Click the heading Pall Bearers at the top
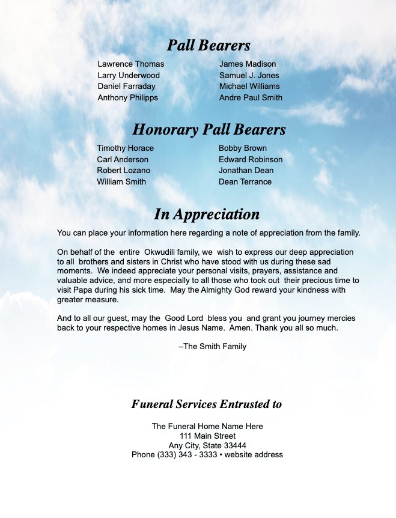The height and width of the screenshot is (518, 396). [x=208, y=46]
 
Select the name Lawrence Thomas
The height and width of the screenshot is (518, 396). [x=130, y=64]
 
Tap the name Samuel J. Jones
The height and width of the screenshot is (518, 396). [x=249, y=75]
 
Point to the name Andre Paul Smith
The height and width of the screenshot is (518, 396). [x=251, y=97]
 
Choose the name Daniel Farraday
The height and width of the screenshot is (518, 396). [x=126, y=86]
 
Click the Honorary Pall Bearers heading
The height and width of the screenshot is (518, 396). [x=209, y=129]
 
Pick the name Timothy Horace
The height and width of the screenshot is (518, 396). [x=125, y=148]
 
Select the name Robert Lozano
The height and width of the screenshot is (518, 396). [x=123, y=170]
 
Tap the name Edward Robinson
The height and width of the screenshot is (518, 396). [x=250, y=159]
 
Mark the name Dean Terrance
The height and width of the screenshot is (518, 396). [x=245, y=181]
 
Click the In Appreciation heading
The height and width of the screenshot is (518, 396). [x=207, y=214]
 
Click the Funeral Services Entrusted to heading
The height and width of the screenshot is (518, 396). [x=207, y=404]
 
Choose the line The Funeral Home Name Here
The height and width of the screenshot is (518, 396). [x=207, y=426]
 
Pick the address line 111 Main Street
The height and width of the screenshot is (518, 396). [x=207, y=436]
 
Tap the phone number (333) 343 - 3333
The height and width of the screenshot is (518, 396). [x=175, y=454]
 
